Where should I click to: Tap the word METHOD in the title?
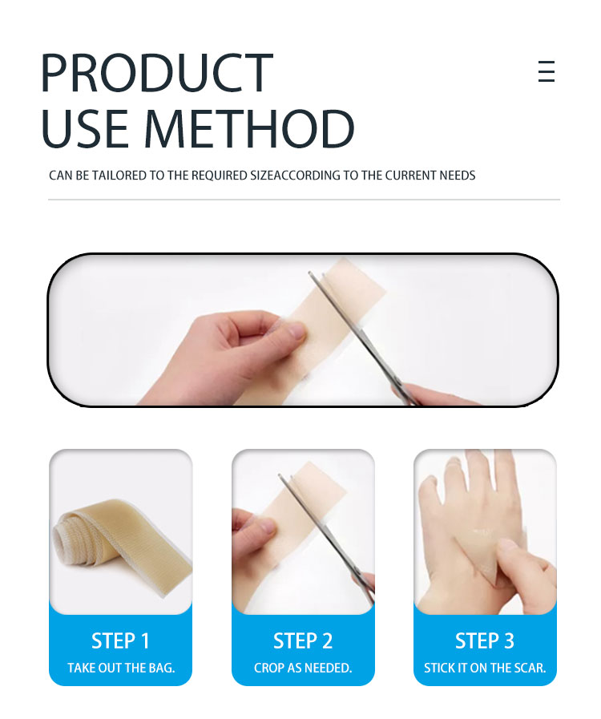coord(249,129)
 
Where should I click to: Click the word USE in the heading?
coord(85,129)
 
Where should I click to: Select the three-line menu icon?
coord(546,71)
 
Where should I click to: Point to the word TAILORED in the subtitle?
coord(119,176)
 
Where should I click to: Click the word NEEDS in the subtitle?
coord(457,176)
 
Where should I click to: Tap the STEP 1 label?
coord(120,640)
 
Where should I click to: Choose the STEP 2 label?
coord(303,640)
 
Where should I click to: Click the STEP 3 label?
coord(485,640)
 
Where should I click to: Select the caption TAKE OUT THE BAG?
coord(121,668)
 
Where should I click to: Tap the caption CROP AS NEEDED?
coord(303,668)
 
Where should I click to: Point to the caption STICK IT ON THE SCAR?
coord(485,668)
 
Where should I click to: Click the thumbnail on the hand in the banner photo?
coord(296,330)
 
